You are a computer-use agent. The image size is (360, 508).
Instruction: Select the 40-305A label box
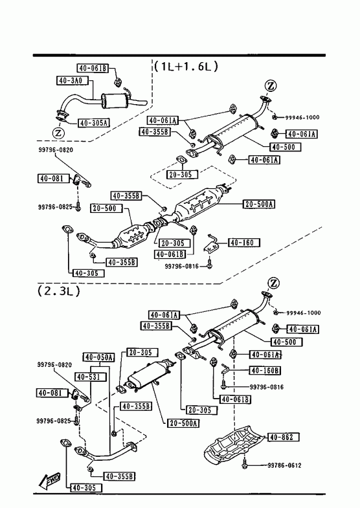tap(94, 123)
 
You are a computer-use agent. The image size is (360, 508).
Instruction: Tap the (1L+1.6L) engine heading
tap(186, 67)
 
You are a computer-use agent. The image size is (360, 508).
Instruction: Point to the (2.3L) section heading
tap(58, 291)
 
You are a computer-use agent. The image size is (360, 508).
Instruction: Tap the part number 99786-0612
tap(284, 465)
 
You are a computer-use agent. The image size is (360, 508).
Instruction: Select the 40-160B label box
tap(265, 370)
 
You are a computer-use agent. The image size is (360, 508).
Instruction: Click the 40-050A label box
tap(98, 357)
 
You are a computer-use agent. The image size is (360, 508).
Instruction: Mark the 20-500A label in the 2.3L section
tap(183, 423)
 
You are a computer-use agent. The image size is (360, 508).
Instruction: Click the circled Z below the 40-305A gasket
tap(58, 133)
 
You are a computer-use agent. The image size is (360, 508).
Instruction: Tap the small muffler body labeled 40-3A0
tap(114, 101)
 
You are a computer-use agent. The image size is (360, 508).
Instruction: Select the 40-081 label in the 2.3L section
tap(53, 393)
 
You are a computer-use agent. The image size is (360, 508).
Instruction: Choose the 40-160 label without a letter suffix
tap(244, 242)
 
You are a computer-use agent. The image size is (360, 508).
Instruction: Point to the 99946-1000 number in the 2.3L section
tap(303, 313)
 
